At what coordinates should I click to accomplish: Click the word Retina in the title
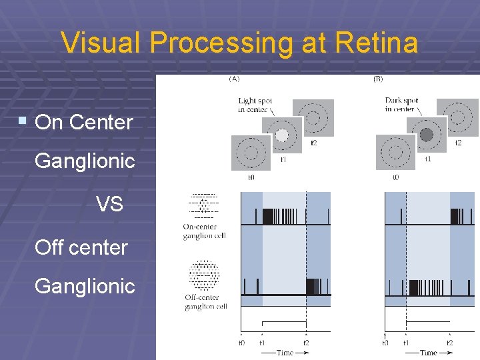[x=378, y=44]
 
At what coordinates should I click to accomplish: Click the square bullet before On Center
[x=23, y=121]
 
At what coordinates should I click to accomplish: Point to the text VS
[x=109, y=204]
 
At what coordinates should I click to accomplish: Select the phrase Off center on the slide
[x=81, y=247]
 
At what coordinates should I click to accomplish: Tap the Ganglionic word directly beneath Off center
[x=85, y=287]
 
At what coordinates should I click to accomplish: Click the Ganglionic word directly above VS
[x=85, y=161]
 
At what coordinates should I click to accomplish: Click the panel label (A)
[x=234, y=79]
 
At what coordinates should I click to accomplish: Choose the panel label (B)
[x=378, y=79]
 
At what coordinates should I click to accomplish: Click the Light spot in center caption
[x=255, y=105]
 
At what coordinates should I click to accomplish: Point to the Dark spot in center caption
[x=401, y=105]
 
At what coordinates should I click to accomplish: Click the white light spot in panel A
[x=282, y=135]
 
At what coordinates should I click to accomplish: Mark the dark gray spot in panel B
[x=427, y=135]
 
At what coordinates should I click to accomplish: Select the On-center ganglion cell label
[x=205, y=231]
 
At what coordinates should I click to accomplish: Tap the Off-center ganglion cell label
[x=205, y=302]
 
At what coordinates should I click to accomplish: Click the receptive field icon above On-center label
[x=204, y=206]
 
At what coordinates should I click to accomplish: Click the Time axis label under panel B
[x=429, y=352]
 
